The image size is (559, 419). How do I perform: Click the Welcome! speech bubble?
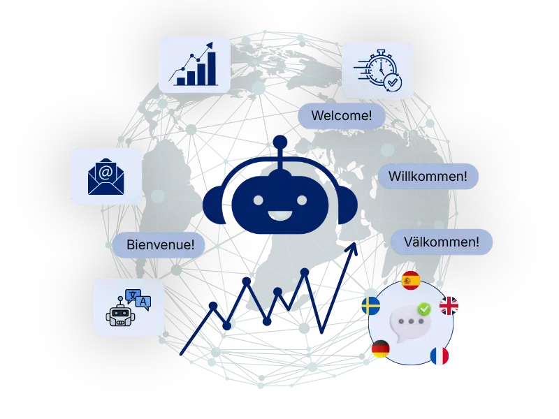pyautogui.click(x=342, y=116)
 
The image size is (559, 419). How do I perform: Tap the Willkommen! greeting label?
pyautogui.click(x=428, y=177)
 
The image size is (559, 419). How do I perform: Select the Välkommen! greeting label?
pyautogui.click(x=442, y=242)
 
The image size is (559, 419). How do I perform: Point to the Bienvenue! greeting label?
pyautogui.click(x=159, y=245)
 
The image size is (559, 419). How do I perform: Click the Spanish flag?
pyautogui.click(x=411, y=281)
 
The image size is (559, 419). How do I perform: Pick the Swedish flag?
pyautogui.click(x=371, y=306)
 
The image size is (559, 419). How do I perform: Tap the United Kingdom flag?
pyautogui.click(x=449, y=306)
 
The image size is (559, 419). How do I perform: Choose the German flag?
pyautogui.click(x=381, y=348)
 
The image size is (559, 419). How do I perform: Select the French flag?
pyautogui.click(x=440, y=356)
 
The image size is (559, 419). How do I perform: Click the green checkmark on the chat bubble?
pyautogui.click(x=424, y=309)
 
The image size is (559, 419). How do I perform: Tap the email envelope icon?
pyautogui.click(x=106, y=177)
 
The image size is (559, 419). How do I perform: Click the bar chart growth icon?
pyautogui.click(x=194, y=64)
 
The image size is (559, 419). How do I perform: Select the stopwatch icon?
pyautogui.click(x=379, y=70)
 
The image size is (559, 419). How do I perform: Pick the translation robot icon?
pyautogui.click(x=129, y=307)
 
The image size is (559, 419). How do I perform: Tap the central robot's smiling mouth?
pyautogui.click(x=280, y=215)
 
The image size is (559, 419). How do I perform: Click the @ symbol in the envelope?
pyautogui.click(x=106, y=172)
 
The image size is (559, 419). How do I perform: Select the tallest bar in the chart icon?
pyautogui.click(x=212, y=68)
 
